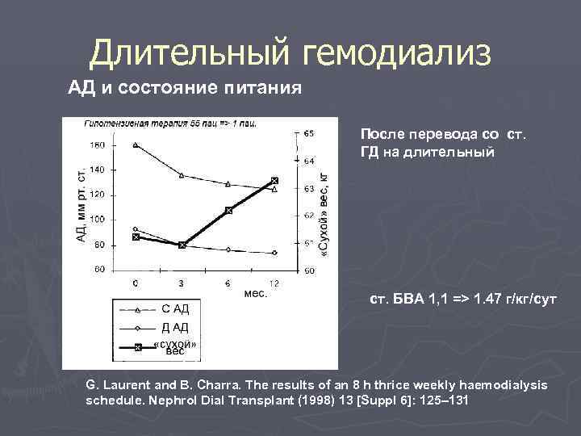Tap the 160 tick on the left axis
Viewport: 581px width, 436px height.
pos(97,145)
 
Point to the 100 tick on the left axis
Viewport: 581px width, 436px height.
pos(97,220)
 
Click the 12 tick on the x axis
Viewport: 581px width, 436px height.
pos(274,283)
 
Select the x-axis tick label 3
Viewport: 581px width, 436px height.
pos(182,283)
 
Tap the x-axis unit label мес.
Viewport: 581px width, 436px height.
pos(255,294)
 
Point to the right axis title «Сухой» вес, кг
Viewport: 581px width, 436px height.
pos(325,215)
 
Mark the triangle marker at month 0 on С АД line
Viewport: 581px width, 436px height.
pos(136,145)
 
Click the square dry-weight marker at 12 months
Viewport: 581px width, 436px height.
pos(274,181)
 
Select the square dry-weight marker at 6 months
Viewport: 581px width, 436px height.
pos(228,210)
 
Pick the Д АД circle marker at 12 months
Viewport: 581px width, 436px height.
pos(274,253)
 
